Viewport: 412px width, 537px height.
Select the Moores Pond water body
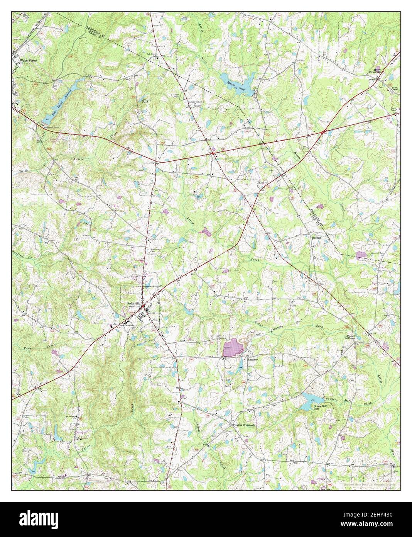(x=235, y=82)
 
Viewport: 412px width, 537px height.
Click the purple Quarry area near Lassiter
(x=233, y=347)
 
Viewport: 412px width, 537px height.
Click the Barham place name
(x=317, y=238)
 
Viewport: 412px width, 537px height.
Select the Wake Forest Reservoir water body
(x=64, y=99)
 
